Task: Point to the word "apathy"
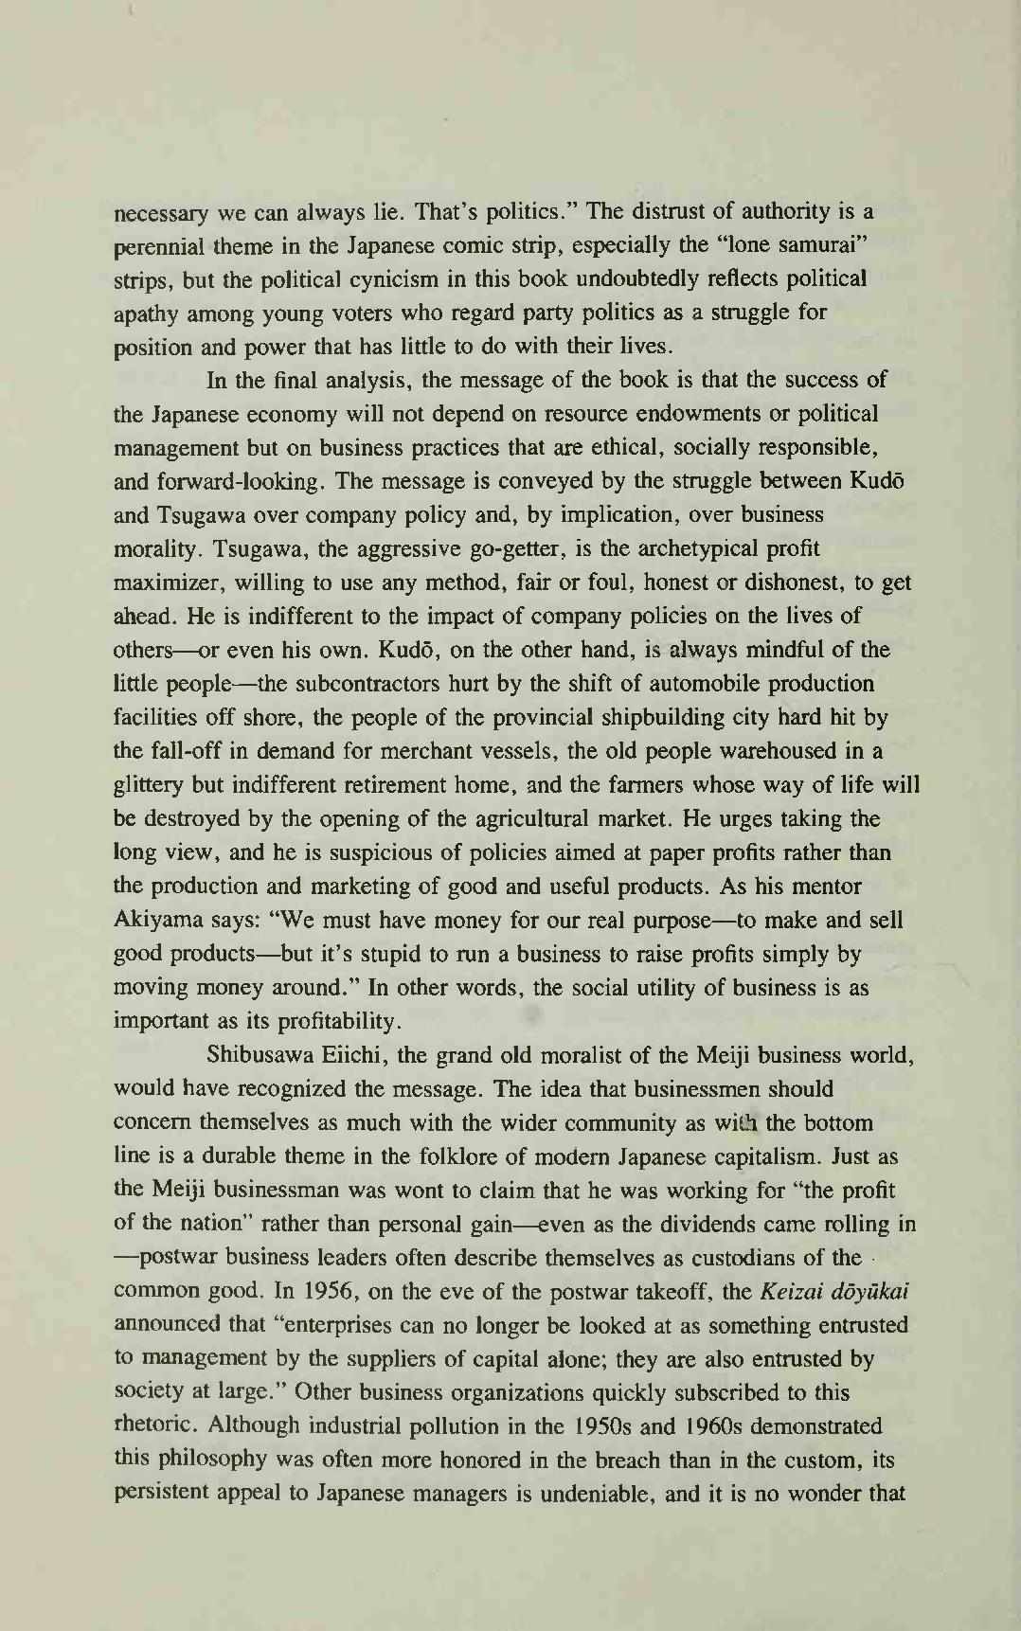[146, 313]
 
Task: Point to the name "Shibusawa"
[260, 1055]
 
